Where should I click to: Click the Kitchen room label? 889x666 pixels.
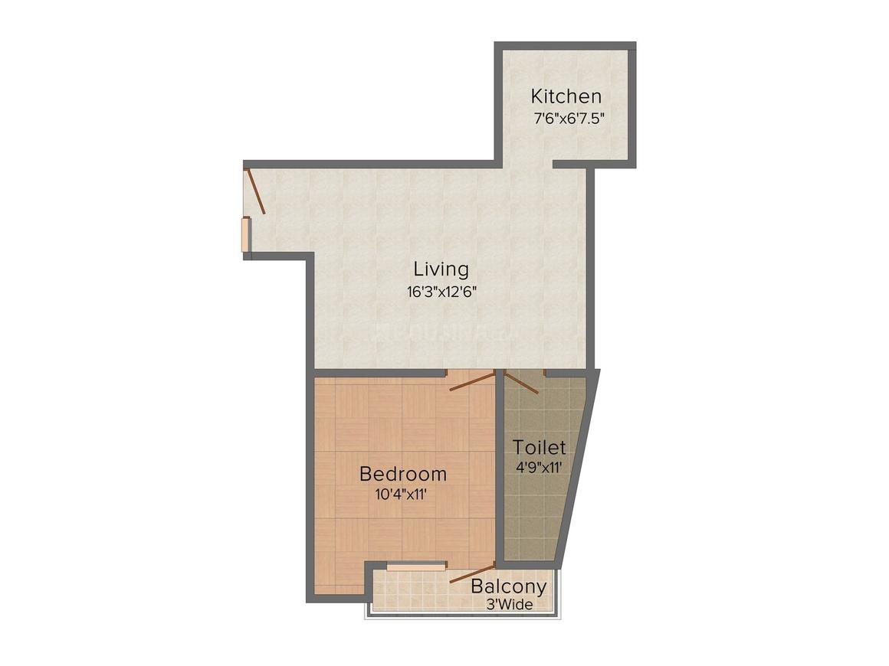pos(566,96)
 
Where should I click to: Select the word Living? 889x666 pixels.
pos(441,269)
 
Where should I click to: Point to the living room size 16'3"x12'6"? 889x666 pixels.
pos(441,292)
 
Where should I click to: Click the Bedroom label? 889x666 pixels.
pos(403,473)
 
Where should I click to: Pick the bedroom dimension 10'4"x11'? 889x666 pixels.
pos(401,494)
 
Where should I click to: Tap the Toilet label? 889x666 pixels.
pos(540,447)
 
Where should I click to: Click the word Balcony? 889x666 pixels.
pos(509,586)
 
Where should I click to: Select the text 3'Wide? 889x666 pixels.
pos(509,605)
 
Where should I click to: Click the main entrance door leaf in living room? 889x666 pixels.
pos(255,191)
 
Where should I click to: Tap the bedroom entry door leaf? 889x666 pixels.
pos(472,380)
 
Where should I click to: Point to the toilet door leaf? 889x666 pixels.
pos(521,382)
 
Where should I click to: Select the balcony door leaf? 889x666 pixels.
pos(472,573)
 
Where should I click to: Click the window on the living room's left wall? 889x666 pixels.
pos(245,234)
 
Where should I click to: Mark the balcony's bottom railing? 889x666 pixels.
pos(462,615)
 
